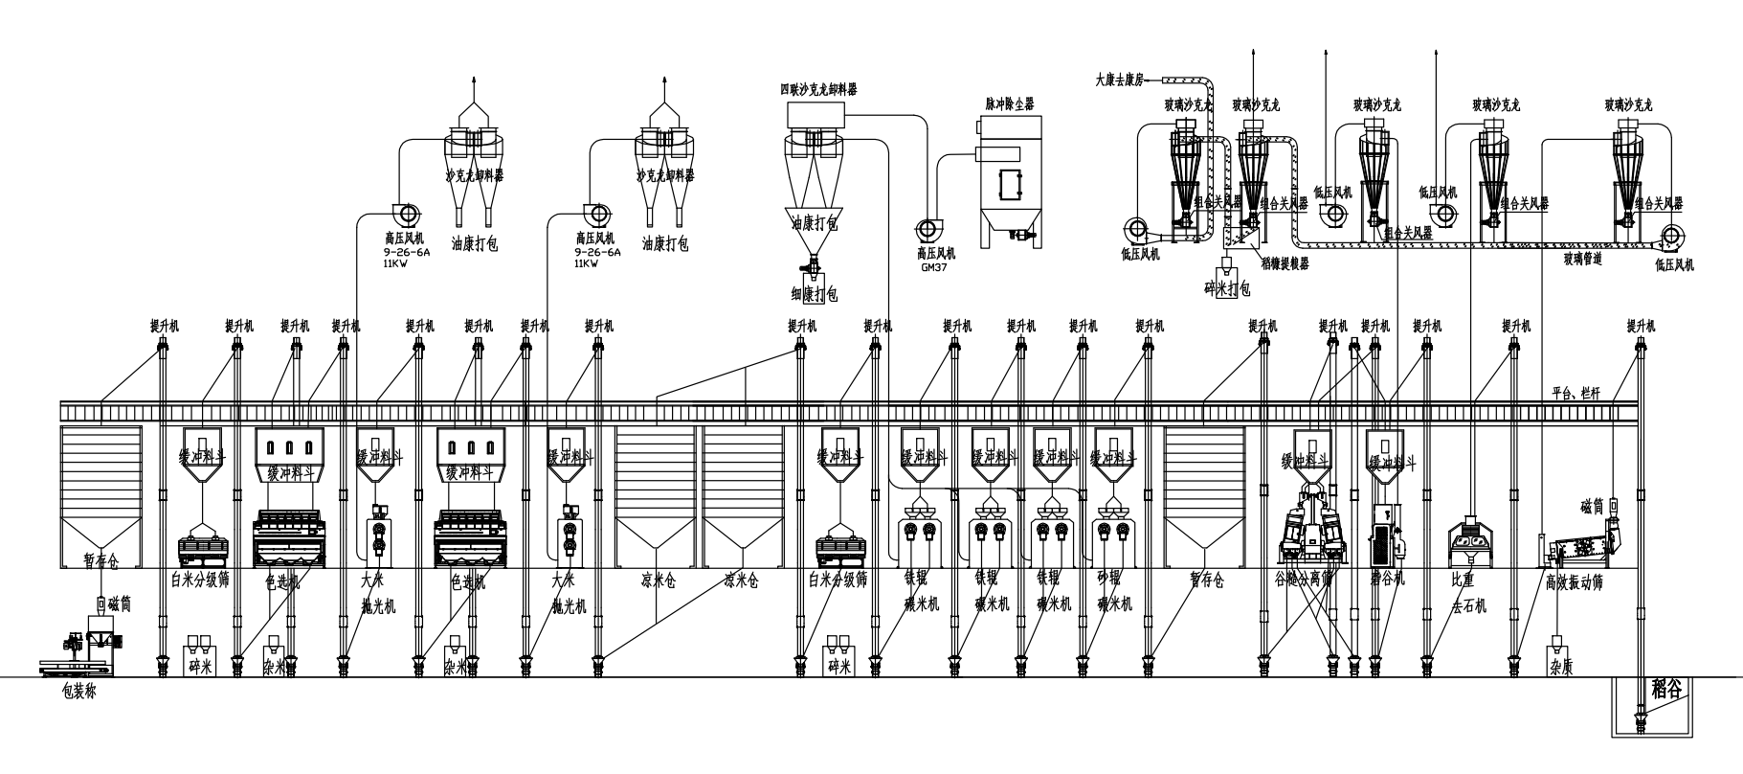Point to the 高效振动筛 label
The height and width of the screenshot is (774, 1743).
click(x=1574, y=581)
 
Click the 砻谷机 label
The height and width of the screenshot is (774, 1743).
click(x=1386, y=580)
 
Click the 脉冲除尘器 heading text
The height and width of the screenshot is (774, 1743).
click(x=1011, y=102)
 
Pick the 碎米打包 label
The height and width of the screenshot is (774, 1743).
click(x=1227, y=287)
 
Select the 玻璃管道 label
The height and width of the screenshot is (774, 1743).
click(x=1582, y=258)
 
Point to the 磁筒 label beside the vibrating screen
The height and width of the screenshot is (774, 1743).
click(x=1591, y=504)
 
